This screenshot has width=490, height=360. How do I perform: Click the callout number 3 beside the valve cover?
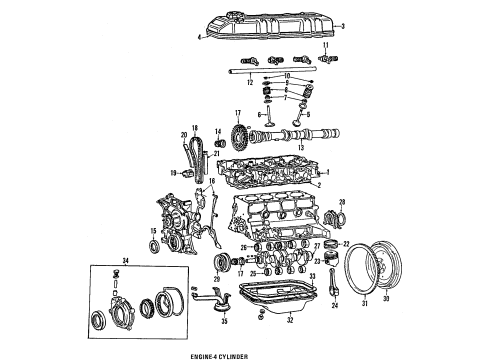click(x=343, y=26)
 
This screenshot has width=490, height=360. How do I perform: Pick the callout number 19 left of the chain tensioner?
click(x=173, y=173)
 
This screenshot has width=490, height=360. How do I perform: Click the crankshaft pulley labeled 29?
click(x=208, y=263)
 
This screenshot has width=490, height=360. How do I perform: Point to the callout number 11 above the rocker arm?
click(x=325, y=46)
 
